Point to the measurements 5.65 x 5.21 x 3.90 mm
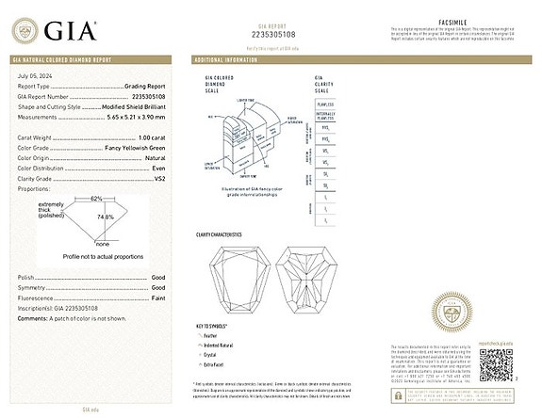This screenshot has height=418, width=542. (x=134, y=116)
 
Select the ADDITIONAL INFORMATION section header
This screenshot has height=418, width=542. (x=226, y=59)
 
